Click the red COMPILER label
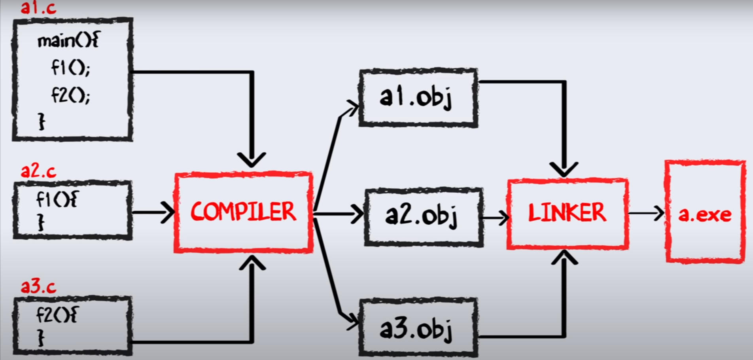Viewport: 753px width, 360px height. coord(243,212)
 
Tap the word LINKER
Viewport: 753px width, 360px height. coord(567,213)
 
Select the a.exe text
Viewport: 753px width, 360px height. coord(705,214)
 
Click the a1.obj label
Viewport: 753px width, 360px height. coord(416,97)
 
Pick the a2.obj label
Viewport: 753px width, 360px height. coord(422,216)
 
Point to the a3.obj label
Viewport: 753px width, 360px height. coord(416,329)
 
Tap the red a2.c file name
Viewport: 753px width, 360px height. coord(38,171)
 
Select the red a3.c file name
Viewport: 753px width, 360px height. coord(38,286)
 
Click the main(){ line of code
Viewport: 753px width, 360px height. coord(68,41)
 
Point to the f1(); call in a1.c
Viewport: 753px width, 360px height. coord(70,68)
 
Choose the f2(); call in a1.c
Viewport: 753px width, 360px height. coord(70,95)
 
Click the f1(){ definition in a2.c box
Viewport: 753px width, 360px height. coord(57,199)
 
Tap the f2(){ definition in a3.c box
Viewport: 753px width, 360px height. coord(57,315)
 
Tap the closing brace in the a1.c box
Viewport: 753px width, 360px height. coord(42,121)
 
